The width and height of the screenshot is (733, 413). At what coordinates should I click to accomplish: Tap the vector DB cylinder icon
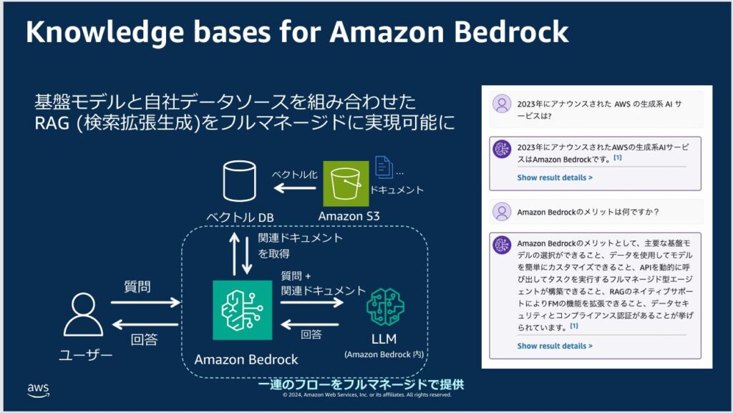[238, 182]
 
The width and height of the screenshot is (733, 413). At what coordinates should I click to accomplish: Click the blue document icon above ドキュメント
[384, 167]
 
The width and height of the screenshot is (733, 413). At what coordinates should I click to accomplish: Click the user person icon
[84, 315]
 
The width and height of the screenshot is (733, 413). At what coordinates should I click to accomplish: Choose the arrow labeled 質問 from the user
[146, 303]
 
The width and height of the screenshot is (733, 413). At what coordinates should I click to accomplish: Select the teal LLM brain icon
[385, 307]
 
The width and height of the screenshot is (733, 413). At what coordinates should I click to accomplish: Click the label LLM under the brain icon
[384, 339]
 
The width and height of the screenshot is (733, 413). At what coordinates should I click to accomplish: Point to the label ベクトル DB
[240, 218]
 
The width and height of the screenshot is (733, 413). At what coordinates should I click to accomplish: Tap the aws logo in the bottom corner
[38, 389]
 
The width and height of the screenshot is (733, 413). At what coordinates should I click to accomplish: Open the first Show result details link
[555, 177]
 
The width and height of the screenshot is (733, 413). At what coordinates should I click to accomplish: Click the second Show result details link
[555, 346]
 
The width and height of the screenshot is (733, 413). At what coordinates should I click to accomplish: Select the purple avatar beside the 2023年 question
[502, 105]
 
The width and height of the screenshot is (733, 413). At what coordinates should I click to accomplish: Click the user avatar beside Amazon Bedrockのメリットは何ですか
[502, 212]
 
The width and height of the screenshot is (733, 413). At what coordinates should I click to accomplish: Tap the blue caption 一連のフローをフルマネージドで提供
[361, 384]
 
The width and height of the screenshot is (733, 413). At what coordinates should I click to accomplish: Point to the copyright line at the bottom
[366, 394]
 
